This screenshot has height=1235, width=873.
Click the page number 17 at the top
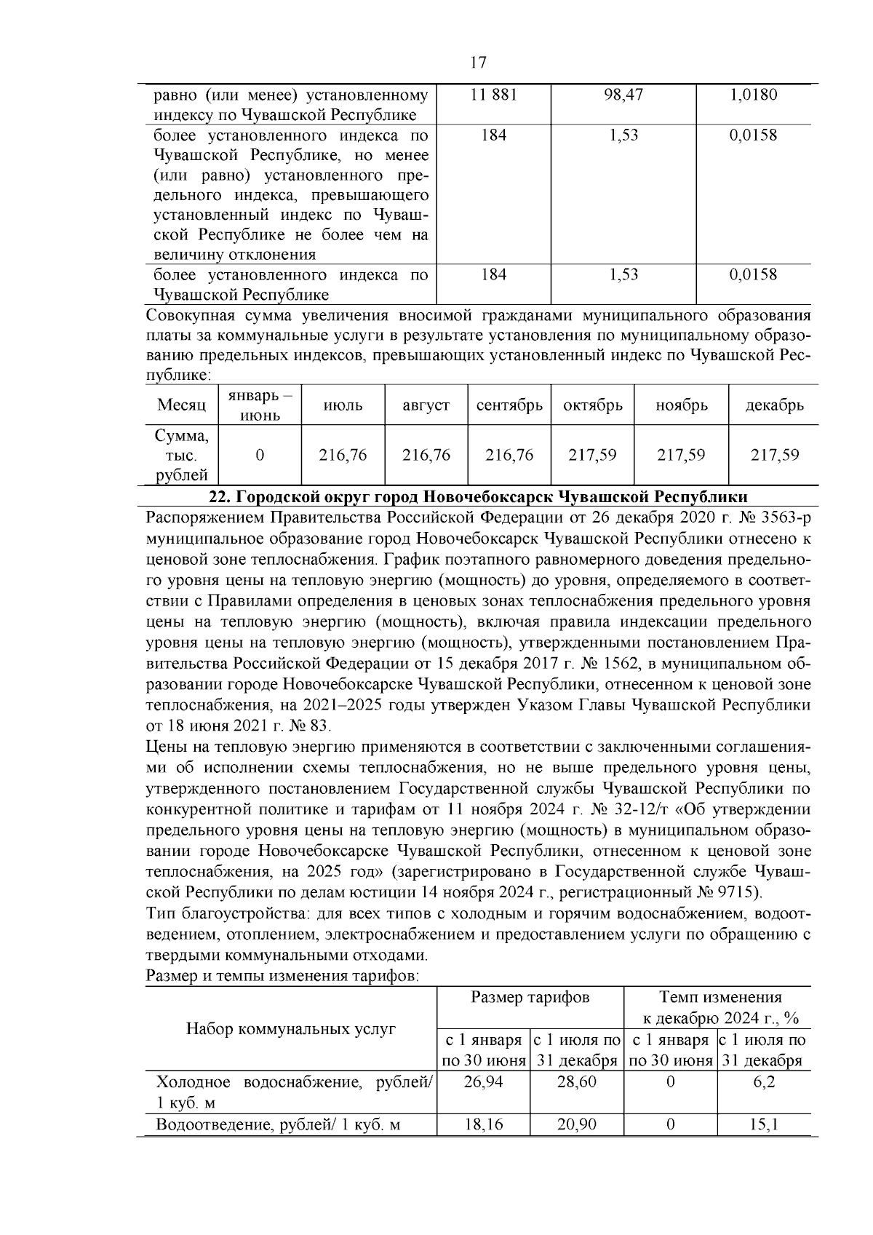(478, 63)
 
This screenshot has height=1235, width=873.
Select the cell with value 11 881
(494, 95)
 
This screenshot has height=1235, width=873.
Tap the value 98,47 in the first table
(623, 95)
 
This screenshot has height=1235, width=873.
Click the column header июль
(343, 406)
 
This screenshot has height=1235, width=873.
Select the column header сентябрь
(509, 406)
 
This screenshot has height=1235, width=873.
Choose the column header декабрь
(774, 406)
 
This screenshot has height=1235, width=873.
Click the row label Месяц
(181, 406)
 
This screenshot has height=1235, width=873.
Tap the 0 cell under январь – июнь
(260, 456)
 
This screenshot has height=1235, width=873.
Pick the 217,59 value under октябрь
(592, 456)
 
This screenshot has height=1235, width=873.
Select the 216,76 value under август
(426, 456)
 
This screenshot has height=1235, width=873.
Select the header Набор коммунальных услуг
(291, 1029)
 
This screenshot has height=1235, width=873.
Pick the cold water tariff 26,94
(483, 1082)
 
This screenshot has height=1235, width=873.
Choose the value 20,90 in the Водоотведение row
(576, 1125)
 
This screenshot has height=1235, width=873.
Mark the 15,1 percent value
(764, 1125)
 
